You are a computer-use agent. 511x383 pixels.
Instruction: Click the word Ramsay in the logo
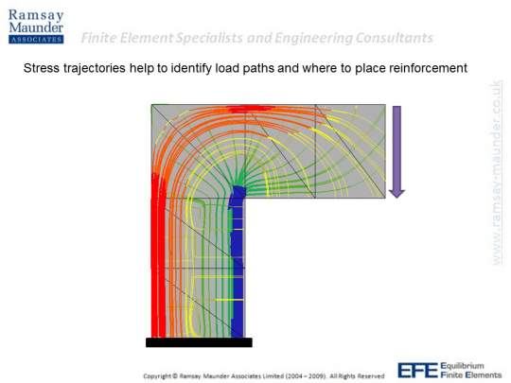pyautogui.click(x=36, y=15)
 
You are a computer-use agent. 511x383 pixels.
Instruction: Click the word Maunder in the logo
pyautogui.click(x=36, y=27)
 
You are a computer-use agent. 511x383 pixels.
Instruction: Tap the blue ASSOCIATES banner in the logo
pyautogui.click(x=36, y=40)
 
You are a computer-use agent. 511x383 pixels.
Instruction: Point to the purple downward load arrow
pyautogui.click(x=396, y=151)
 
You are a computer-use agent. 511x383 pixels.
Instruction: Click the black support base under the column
pyautogui.click(x=199, y=342)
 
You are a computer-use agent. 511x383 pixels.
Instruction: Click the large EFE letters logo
pyautogui.click(x=417, y=371)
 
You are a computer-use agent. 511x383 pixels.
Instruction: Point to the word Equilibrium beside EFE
pyautogui.click(x=462, y=366)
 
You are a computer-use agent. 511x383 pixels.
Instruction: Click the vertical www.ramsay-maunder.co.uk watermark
pyautogui.click(x=497, y=173)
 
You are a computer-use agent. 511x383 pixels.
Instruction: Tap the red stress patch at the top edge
pyautogui.click(x=249, y=109)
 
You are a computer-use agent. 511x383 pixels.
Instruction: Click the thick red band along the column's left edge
pyautogui.click(x=158, y=255)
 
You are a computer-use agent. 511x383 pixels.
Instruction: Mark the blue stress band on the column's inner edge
pyautogui.click(x=238, y=262)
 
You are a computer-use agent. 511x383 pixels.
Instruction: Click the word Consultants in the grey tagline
pyautogui.click(x=394, y=38)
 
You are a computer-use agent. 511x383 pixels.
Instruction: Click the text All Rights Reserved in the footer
pyautogui.click(x=357, y=376)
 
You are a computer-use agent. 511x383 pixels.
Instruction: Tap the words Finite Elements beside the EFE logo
pyautogui.click(x=471, y=374)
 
